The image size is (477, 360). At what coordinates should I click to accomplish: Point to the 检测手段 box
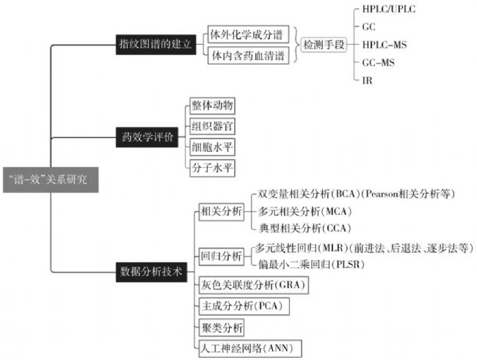click(323, 45)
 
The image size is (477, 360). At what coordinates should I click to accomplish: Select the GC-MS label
click(378, 62)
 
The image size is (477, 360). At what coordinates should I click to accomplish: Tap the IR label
click(367, 80)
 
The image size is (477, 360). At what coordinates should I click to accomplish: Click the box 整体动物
click(211, 106)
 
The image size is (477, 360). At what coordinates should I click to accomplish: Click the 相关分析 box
click(221, 211)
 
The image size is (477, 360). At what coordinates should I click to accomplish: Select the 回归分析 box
click(221, 256)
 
